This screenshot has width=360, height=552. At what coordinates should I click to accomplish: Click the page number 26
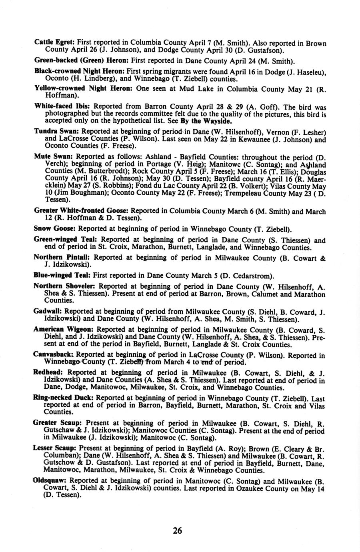point(178,530)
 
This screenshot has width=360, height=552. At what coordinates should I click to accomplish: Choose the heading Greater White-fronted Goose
point(81,211)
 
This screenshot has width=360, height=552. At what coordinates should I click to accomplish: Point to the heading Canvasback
point(54,355)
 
